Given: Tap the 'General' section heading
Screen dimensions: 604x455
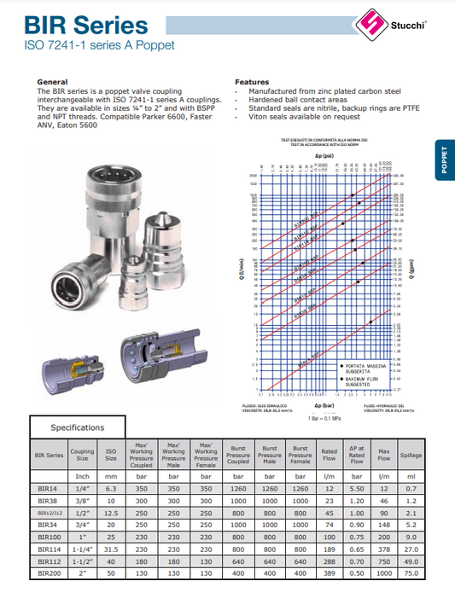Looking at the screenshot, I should click(52, 82).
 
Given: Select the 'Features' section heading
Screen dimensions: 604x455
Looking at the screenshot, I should click(252, 82).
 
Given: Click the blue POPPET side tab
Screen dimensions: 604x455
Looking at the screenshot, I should click(444, 160).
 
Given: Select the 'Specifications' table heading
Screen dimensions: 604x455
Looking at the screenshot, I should click(77, 427).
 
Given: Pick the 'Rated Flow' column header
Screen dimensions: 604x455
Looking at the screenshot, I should click(329, 456).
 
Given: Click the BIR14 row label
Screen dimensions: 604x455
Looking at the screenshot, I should click(47, 487).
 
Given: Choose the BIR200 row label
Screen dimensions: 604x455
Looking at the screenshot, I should click(47, 576).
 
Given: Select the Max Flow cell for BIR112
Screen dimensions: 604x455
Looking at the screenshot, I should click(384, 563).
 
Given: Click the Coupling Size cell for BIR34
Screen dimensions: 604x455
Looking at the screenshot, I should click(82, 526).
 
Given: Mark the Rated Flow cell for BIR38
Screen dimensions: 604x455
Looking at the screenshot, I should click(329, 500).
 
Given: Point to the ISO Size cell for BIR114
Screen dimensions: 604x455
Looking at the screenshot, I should click(111, 550).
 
